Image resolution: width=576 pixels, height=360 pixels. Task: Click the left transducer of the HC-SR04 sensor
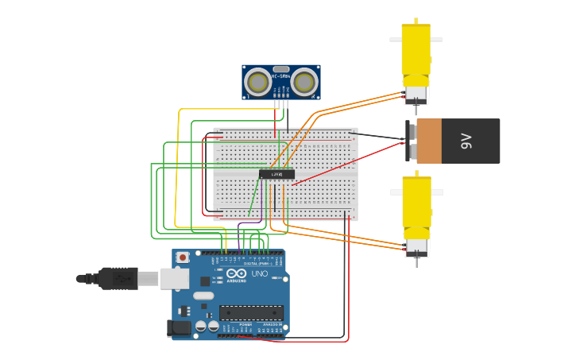pyautogui.click(x=257, y=81)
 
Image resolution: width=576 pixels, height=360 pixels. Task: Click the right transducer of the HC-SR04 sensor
pyautogui.click(x=303, y=81)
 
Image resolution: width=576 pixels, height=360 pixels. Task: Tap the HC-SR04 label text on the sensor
pyautogui.click(x=280, y=76)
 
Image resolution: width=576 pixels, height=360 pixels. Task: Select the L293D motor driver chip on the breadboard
pyautogui.click(x=276, y=173)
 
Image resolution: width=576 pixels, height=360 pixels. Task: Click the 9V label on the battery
pyautogui.click(x=466, y=141)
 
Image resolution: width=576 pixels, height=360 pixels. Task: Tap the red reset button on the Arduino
pyautogui.click(x=183, y=257)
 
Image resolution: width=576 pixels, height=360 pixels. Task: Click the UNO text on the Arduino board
pyautogui.click(x=260, y=273)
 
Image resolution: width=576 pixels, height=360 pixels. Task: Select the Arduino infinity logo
pyautogui.click(x=236, y=273)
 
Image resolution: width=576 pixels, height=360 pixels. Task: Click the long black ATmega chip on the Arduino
pyautogui.click(x=251, y=312)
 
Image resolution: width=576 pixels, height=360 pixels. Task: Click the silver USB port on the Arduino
pyautogui.click(x=174, y=278)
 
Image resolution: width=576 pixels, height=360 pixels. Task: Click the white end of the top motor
pyautogui.click(x=416, y=95)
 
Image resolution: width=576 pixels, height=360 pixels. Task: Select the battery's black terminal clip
pyautogui.click(x=411, y=141)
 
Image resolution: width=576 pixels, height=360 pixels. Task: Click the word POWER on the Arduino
pyautogui.click(x=245, y=324)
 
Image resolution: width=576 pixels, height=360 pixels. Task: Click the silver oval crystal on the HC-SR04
pyautogui.click(x=280, y=69)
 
